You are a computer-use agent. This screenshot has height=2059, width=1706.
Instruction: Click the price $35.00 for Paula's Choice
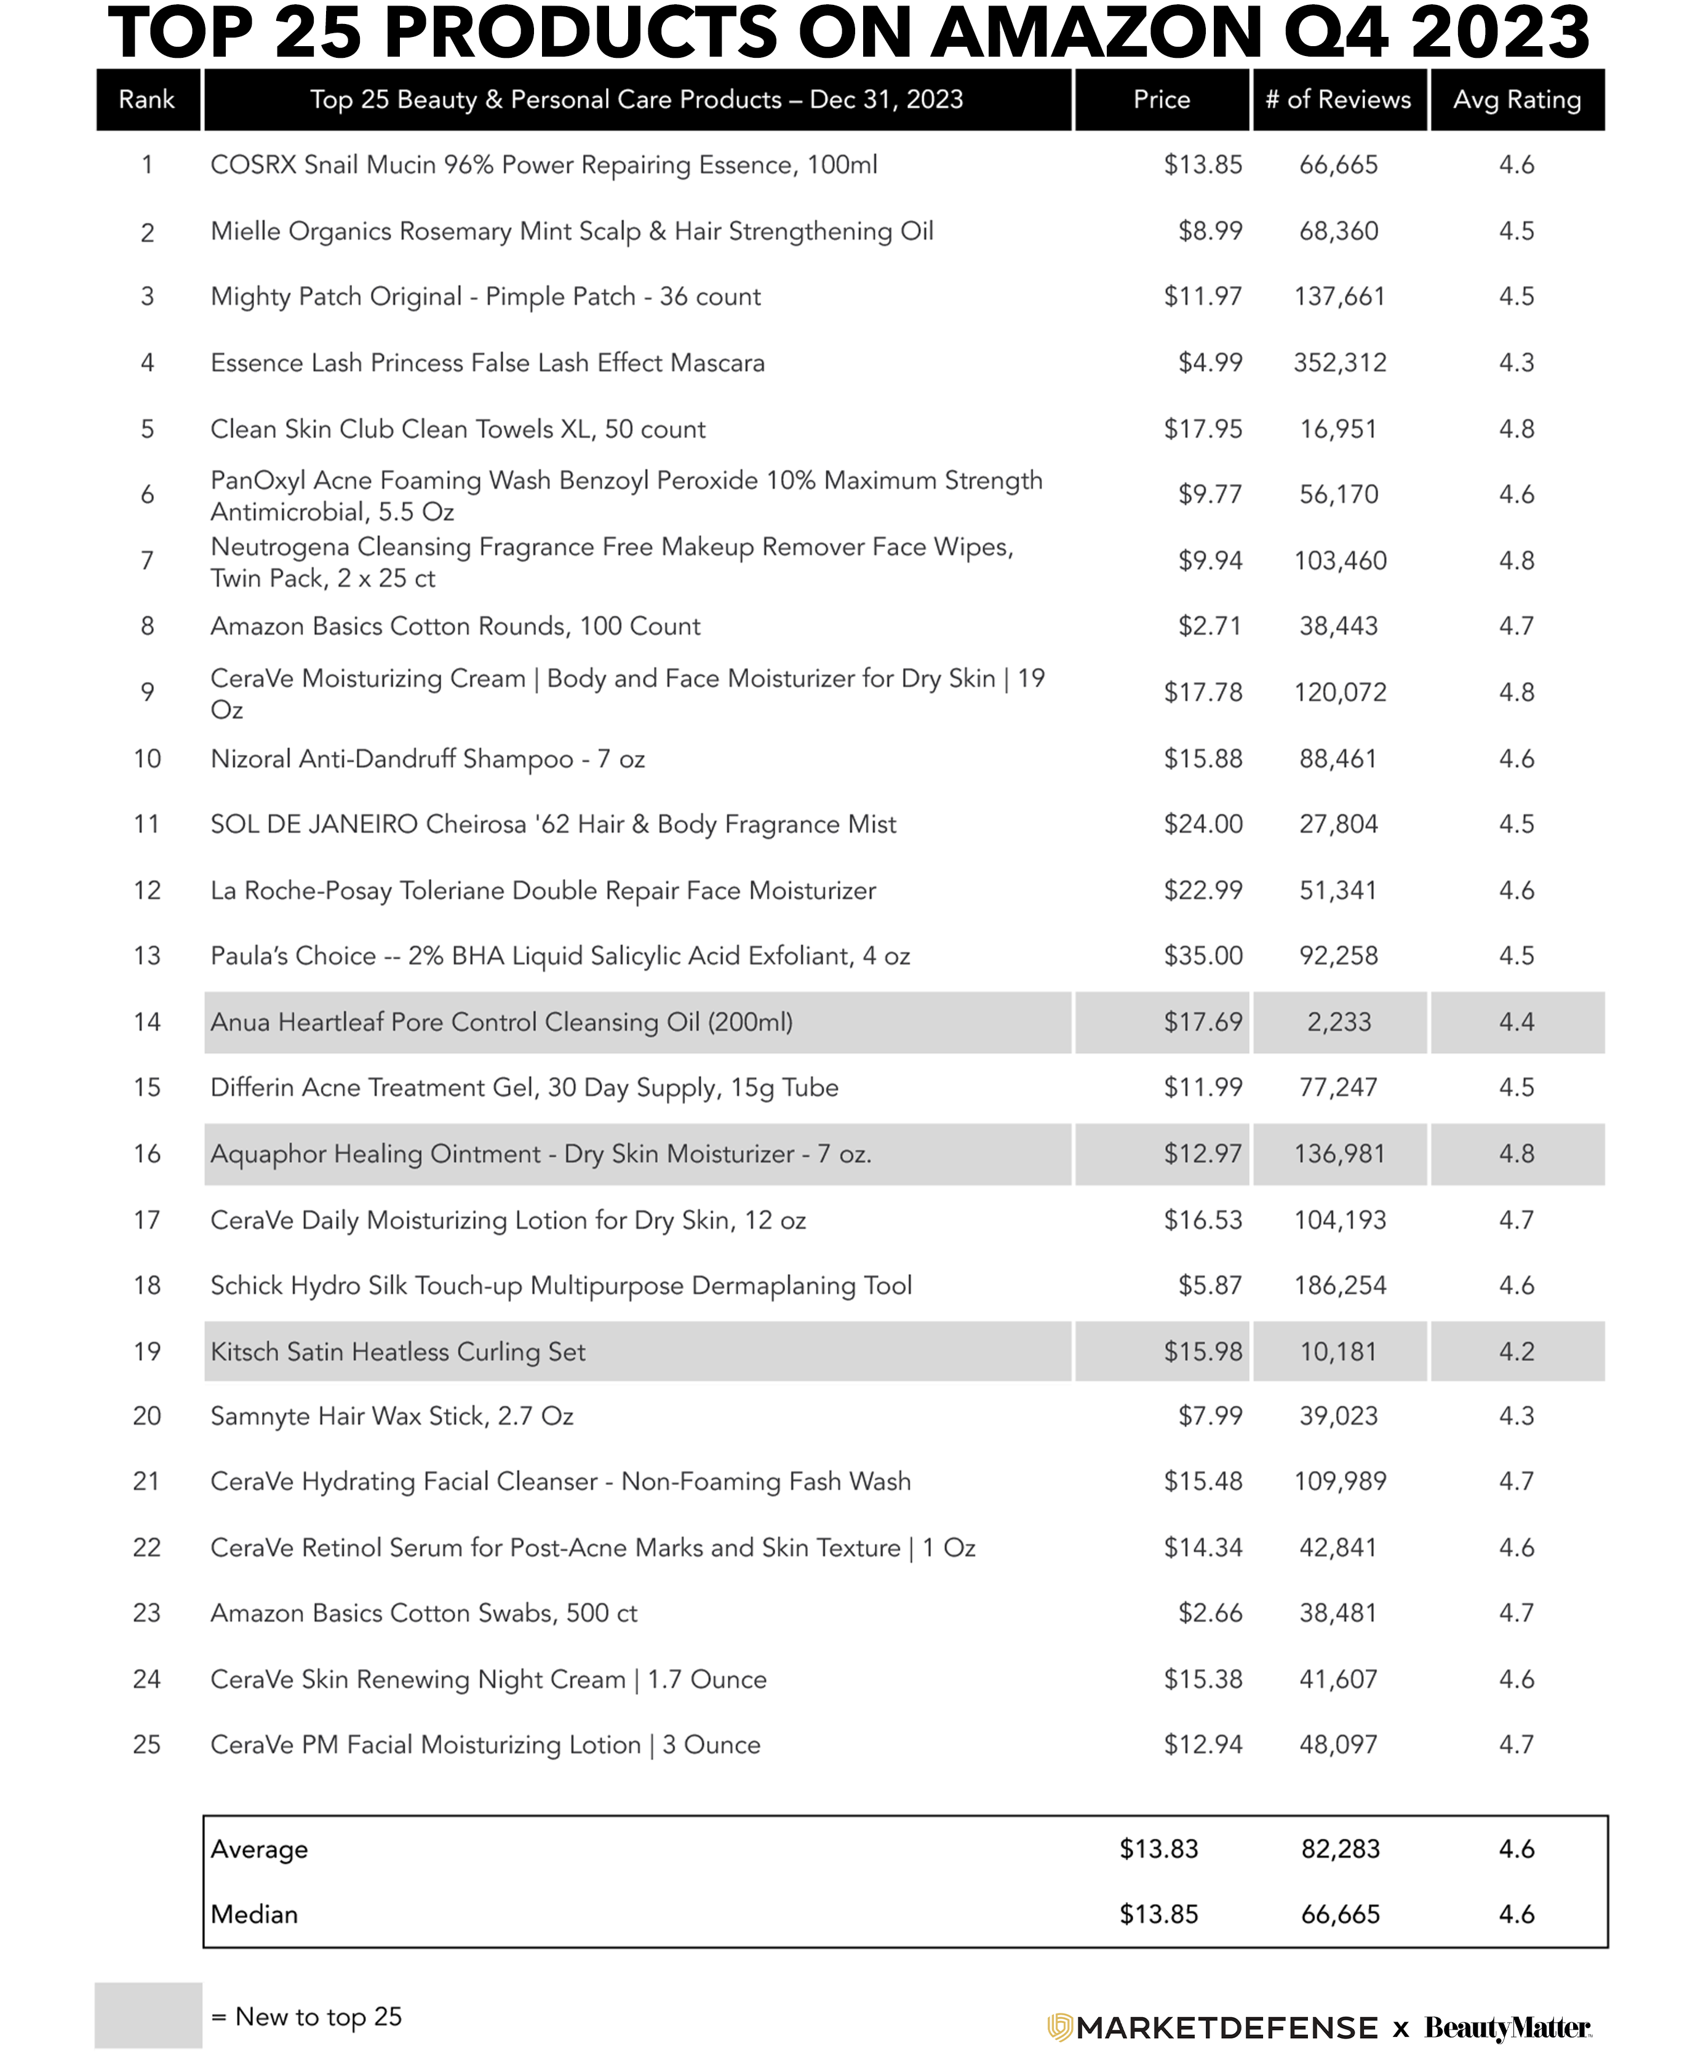click(1203, 956)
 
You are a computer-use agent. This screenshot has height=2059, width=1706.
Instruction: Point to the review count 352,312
click(1339, 363)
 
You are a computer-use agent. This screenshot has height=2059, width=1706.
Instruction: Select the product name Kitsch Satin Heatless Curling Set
click(398, 1352)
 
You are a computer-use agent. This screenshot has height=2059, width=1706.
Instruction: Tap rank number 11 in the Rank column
click(147, 824)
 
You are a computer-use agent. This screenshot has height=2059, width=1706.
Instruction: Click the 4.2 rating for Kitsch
click(1517, 1352)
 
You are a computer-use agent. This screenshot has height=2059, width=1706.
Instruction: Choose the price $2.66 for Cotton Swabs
click(1210, 1614)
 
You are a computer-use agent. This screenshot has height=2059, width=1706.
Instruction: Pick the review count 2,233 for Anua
click(1339, 1022)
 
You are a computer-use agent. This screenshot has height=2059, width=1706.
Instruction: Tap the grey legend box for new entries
click(148, 2015)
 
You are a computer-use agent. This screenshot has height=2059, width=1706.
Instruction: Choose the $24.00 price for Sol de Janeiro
click(1203, 824)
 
